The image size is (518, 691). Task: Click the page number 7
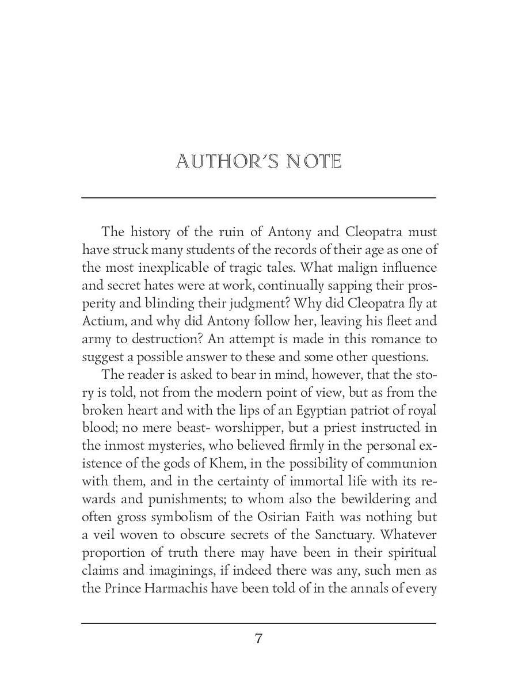click(x=258, y=638)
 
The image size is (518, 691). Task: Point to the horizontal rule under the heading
click(x=258, y=198)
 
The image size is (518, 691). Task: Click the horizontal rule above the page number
click(x=258, y=623)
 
